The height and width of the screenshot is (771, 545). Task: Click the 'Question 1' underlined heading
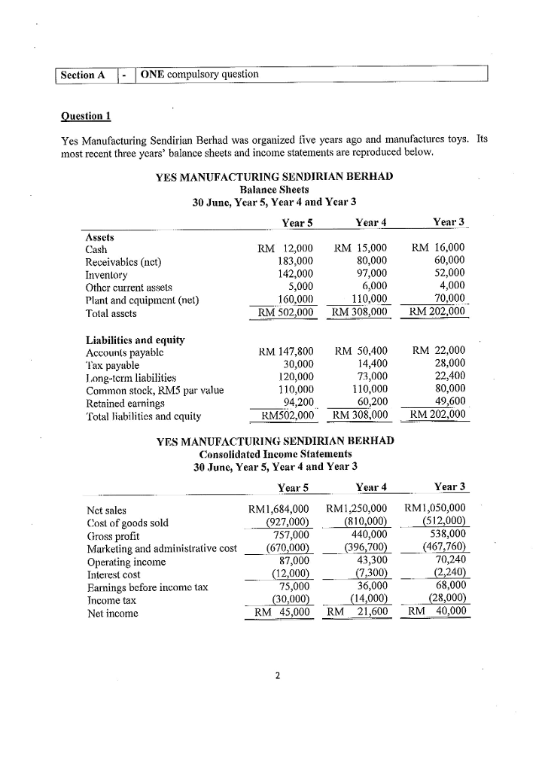pos(86,116)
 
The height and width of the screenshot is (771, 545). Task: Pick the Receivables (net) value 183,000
pos(294,261)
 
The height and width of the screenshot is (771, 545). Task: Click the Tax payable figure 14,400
pos(370,363)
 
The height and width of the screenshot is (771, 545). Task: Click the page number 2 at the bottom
pos(276,675)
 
